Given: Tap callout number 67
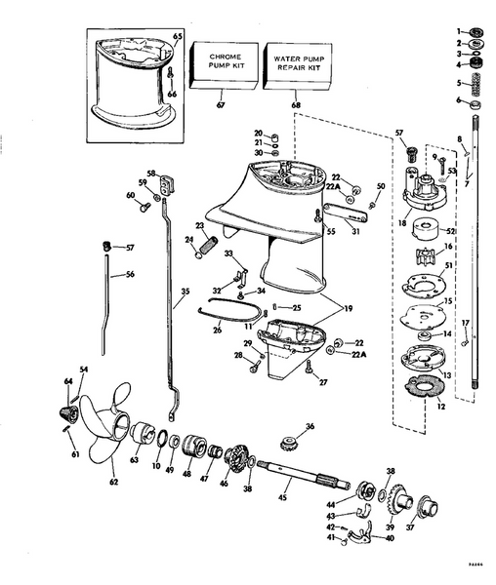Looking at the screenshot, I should point(219,104).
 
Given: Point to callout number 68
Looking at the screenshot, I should point(295,104).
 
